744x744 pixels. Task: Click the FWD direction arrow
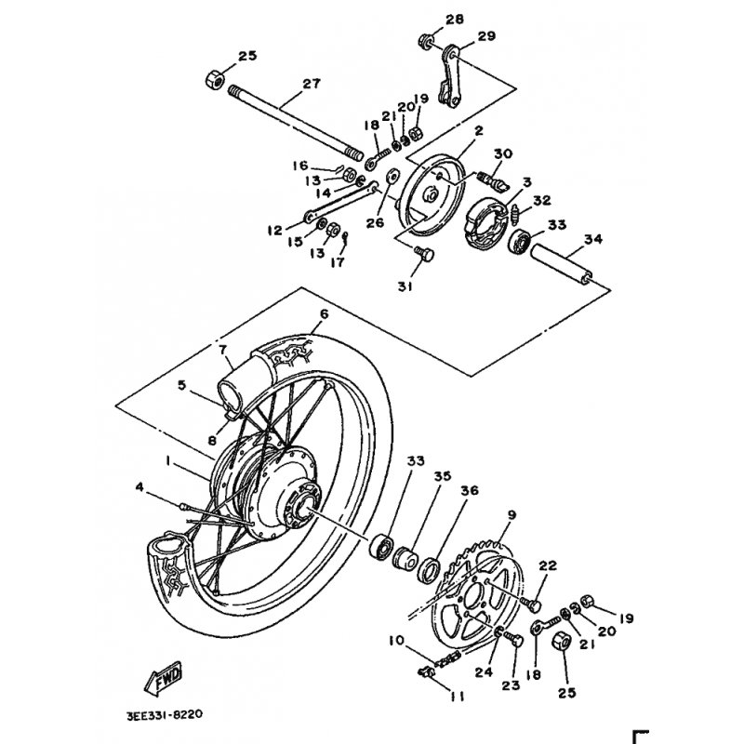coord(164,679)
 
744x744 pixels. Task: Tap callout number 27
coord(311,85)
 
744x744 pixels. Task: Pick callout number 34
coord(592,240)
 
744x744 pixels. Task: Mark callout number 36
coord(470,490)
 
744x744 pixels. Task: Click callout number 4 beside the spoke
coord(139,486)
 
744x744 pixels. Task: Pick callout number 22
coord(548,565)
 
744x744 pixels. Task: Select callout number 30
coord(503,153)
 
